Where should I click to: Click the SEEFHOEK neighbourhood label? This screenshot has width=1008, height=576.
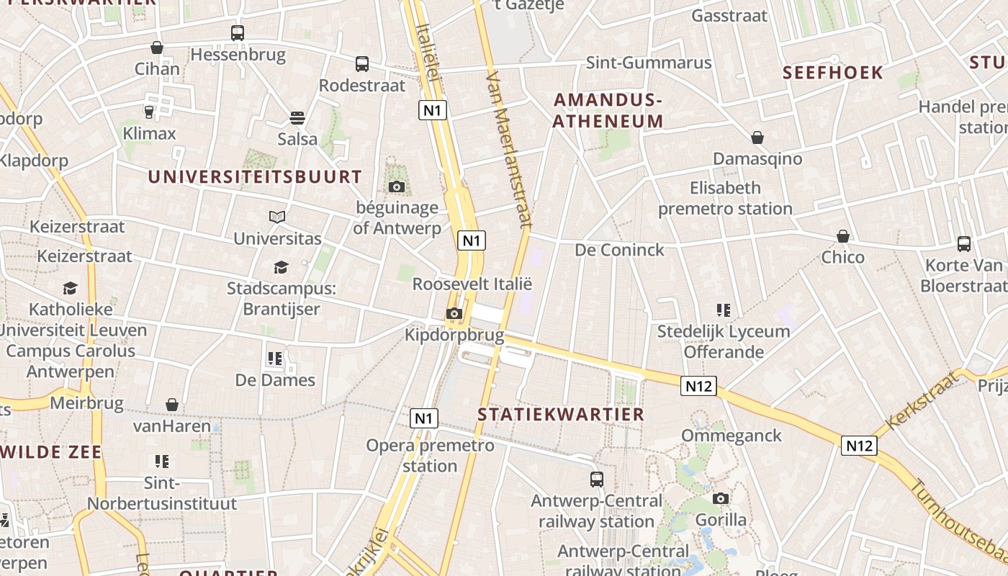tap(832, 73)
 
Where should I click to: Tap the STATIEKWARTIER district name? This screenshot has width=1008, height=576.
tap(561, 414)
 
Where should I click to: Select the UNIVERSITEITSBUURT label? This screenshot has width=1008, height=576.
tap(255, 176)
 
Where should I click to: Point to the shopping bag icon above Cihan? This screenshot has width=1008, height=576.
tap(157, 48)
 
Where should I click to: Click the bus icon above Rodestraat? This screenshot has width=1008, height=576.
tap(362, 64)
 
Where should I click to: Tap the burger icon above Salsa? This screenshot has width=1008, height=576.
tap(297, 117)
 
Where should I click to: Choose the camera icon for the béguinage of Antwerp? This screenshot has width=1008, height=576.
tap(396, 187)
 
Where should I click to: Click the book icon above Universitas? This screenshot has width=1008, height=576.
tap(277, 217)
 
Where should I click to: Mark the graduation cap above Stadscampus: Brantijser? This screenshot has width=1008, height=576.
tap(281, 268)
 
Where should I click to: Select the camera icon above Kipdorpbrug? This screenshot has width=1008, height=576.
tap(454, 313)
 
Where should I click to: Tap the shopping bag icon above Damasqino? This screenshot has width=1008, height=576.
tap(757, 138)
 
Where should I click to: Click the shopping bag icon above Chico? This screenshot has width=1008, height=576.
tap(843, 236)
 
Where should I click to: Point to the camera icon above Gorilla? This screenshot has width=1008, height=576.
tap(721, 498)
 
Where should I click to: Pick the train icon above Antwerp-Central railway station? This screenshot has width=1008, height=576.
tap(597, 479)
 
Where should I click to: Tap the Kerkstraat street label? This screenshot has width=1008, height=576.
tap(922, 400)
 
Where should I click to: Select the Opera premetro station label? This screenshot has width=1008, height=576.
tap(430, 455)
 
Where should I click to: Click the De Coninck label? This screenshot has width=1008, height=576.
tap(619, 250)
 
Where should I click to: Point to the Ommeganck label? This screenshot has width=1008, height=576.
tap(731, 436)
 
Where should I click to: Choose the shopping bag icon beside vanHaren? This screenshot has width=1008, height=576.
tap(172, 405)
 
